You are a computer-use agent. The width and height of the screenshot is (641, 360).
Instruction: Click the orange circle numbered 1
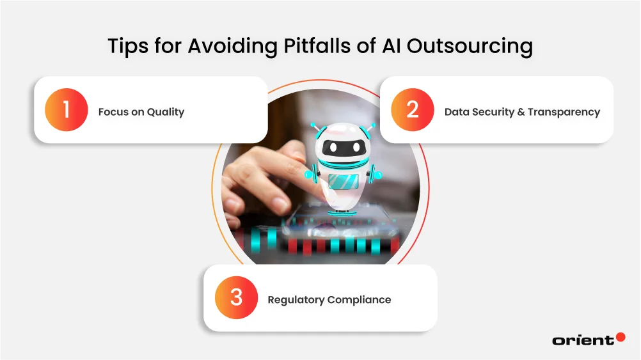tap(66, 110)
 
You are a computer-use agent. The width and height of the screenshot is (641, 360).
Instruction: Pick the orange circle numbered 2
tap(412, 110)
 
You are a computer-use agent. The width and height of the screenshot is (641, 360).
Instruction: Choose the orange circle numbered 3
tap(236, 298)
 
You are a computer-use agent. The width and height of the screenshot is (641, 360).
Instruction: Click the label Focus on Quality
tap(141, 112)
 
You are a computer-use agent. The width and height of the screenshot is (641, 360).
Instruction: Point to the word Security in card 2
tap(492, 112)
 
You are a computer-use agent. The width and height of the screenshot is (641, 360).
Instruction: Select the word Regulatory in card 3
tap(296, 299)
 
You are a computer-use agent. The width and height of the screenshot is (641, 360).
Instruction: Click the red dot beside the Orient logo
tap(620, 336)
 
